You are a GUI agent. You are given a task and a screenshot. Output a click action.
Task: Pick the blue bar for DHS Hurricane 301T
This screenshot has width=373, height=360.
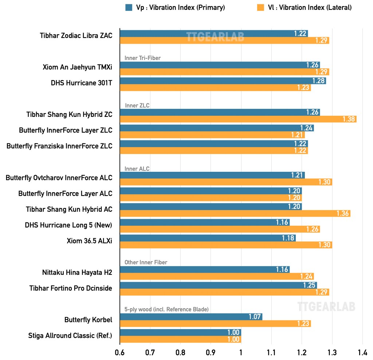point(223,80)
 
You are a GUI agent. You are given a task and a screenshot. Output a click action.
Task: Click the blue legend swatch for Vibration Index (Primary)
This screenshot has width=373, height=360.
point(128,7)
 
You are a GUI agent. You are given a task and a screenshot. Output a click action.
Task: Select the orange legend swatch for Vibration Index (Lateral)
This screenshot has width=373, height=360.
point(260,7)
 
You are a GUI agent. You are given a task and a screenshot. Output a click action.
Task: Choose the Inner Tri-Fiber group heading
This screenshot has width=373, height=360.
point(142,58)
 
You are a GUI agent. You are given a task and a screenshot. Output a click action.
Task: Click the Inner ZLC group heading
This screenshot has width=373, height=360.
point(137,106)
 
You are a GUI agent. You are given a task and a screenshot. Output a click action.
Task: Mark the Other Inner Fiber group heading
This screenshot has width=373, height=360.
point(146,262)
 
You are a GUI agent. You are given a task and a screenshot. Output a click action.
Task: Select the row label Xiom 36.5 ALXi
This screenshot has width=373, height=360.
point(89,241)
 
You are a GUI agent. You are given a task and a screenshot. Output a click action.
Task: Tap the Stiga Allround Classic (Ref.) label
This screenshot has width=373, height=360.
point(70,336)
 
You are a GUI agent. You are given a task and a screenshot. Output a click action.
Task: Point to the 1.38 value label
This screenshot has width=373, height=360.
point(349,119)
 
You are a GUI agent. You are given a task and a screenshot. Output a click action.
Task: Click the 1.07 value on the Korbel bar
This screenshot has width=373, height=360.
point(255,317)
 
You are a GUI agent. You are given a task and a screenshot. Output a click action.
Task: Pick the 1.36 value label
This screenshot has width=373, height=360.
point(342,213)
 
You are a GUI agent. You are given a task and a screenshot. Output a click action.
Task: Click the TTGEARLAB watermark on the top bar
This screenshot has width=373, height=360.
point(215,36)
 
